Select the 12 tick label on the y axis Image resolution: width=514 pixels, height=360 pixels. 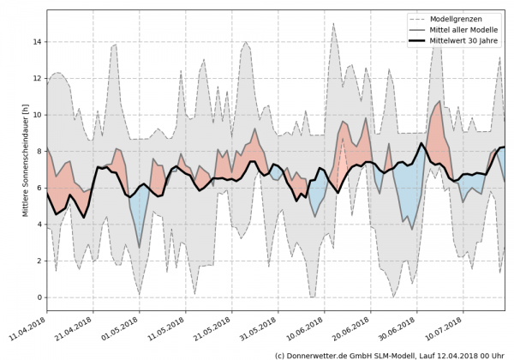(37, 78)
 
